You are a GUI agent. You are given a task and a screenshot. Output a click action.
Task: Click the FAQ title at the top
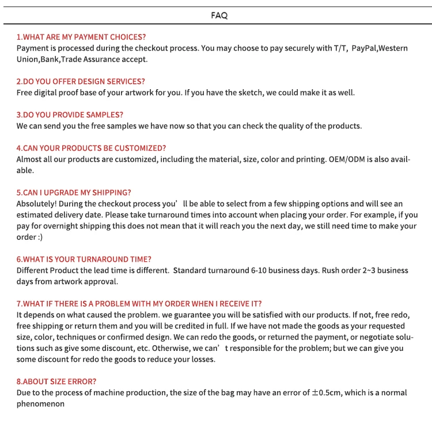pyautogui.click(x=219, y=16)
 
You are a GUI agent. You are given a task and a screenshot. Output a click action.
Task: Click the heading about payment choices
pyautogui.click(x=81, y=37)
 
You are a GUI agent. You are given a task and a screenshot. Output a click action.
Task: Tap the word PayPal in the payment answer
pyautogui.click(x=364, y=48)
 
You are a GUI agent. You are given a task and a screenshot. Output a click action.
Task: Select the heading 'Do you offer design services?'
pyautogui.click(x=81, y=82)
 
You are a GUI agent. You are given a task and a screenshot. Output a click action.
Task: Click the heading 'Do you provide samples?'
pyautogui.click(x=70, y=115)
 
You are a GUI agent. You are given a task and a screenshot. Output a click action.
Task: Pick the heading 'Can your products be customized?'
pyautogui.click(x=91, y=148)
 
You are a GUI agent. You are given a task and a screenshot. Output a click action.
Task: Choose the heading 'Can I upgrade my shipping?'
pyautogui.click(x=74, y=193)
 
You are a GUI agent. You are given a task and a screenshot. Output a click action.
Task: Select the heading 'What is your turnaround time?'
pyautogui.click(x=85, y=259)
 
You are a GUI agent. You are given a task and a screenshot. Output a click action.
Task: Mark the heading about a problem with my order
pyautogui.click(x=139, y=304)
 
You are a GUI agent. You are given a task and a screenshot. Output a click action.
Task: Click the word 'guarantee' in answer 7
pyautogui.click(x=206, y=315)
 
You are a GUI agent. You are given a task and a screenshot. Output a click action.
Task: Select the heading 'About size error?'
pyautogui.click(x=56, y=381)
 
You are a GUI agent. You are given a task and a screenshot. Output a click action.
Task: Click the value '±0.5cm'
pyautogui.click(x=327, y=393)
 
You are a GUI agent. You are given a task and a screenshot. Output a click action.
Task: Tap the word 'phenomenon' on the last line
pyautogui.click(x=40, y=404)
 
